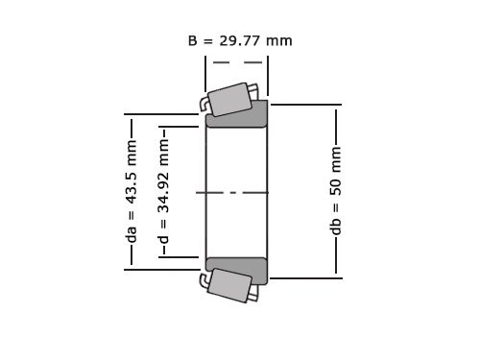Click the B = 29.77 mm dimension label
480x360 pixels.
point(240,41)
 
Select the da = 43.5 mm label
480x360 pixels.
point(132,192)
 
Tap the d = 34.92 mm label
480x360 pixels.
point(164,192)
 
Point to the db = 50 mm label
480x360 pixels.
point(336,192)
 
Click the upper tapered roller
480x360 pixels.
point(230,100)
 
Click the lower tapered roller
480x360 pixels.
point(230,285)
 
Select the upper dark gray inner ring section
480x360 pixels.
point(236,116)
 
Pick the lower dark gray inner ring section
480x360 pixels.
point(236,269)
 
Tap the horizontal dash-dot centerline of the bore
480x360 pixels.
point(235,192)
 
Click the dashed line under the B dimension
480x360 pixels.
point(236,62)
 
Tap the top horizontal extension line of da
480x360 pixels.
point(163,115)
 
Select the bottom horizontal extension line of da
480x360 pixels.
point(163,270)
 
